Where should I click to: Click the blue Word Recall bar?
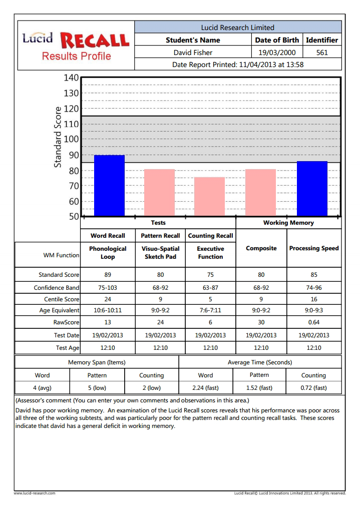coord(109,185)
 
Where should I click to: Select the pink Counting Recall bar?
coord(209,196)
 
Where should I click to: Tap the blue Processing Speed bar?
coord(312,189)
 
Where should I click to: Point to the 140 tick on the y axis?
coord(71,78)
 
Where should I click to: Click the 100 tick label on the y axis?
coord(71,139)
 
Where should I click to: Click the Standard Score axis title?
coord(58,137)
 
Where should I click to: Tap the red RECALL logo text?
coord(95,41)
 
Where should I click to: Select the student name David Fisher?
coord(193,53)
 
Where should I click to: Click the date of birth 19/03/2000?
coord(277,53)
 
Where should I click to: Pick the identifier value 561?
coord(322,53)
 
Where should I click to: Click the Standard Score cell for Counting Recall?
coord(210,275)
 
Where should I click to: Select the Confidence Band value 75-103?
coord(108,288)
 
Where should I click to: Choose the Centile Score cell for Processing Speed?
coord(313,299)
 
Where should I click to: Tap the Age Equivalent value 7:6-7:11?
coord(210,310)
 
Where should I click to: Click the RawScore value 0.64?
coord(313,322)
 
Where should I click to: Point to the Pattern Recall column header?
coord(160,236)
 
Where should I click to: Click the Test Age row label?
coord(68,348)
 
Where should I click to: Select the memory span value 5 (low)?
coord(97,388)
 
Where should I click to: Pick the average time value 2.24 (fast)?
coord(205,388)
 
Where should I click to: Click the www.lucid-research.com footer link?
coord(35,493)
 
